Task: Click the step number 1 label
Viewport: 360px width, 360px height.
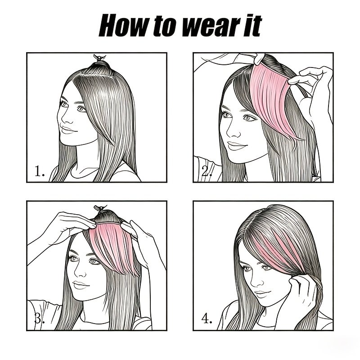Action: (x=40, y=171)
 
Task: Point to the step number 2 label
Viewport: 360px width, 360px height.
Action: (x=207, y=171)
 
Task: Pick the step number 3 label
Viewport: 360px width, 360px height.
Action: (x=40, y=319)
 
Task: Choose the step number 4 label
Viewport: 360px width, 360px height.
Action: (x=207, y=319)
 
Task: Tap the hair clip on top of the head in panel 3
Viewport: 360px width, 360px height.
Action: (x=100, y=208)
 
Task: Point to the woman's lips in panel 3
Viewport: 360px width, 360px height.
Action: (x=81, y=285)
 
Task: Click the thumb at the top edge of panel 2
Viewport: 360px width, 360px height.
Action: (x=259, y=58)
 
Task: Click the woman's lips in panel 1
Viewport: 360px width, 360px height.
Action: (x=68, y=130)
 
